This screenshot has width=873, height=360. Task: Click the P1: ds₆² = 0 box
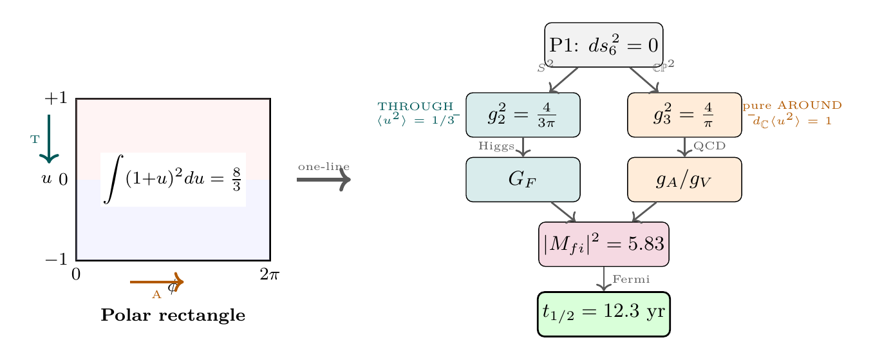pyautogui.click(x=603, y=45)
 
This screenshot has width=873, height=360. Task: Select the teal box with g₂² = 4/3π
pyautogui.click(x=523, y=115)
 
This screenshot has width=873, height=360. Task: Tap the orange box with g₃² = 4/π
pyautogui.click(x=684, y=115)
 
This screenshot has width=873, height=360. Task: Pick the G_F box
pyautogui.click(x=523, y=179)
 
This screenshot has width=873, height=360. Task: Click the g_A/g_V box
pyautogui.click(x=684, y=179)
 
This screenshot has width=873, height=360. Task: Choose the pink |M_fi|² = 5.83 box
pyautogui.click(x=603, y=244)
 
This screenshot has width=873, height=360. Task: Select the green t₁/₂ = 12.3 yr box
pyautogui.click(x=603, y=314)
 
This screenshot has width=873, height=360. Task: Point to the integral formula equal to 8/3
pyautogui.click(x=173, y=180)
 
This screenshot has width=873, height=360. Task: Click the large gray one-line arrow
pyautogui.click(x=323, y=180)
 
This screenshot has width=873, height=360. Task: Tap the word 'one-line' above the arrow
pyautogui.click(x=323, y=167)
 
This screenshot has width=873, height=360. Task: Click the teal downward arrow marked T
pyautogui.click(x=49, y=138)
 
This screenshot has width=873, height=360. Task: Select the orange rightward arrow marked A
pyautogui.click(x=157, y=281)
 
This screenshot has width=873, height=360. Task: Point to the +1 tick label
pyautogui.click(x=55, y=99)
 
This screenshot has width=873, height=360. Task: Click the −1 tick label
pyautogui.click(x=55, y=260)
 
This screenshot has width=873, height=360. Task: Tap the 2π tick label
pyautogui.click(x=269, y=275)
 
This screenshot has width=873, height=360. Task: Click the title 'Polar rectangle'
pyautogui.click(x=173, y=316)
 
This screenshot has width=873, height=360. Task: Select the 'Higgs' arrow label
pyautogui.click(x=496, y=147)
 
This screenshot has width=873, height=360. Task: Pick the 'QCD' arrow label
pyautogui.click(x=709, y=146)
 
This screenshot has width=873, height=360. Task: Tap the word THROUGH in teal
pyautogui.click(x=415, y=106)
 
